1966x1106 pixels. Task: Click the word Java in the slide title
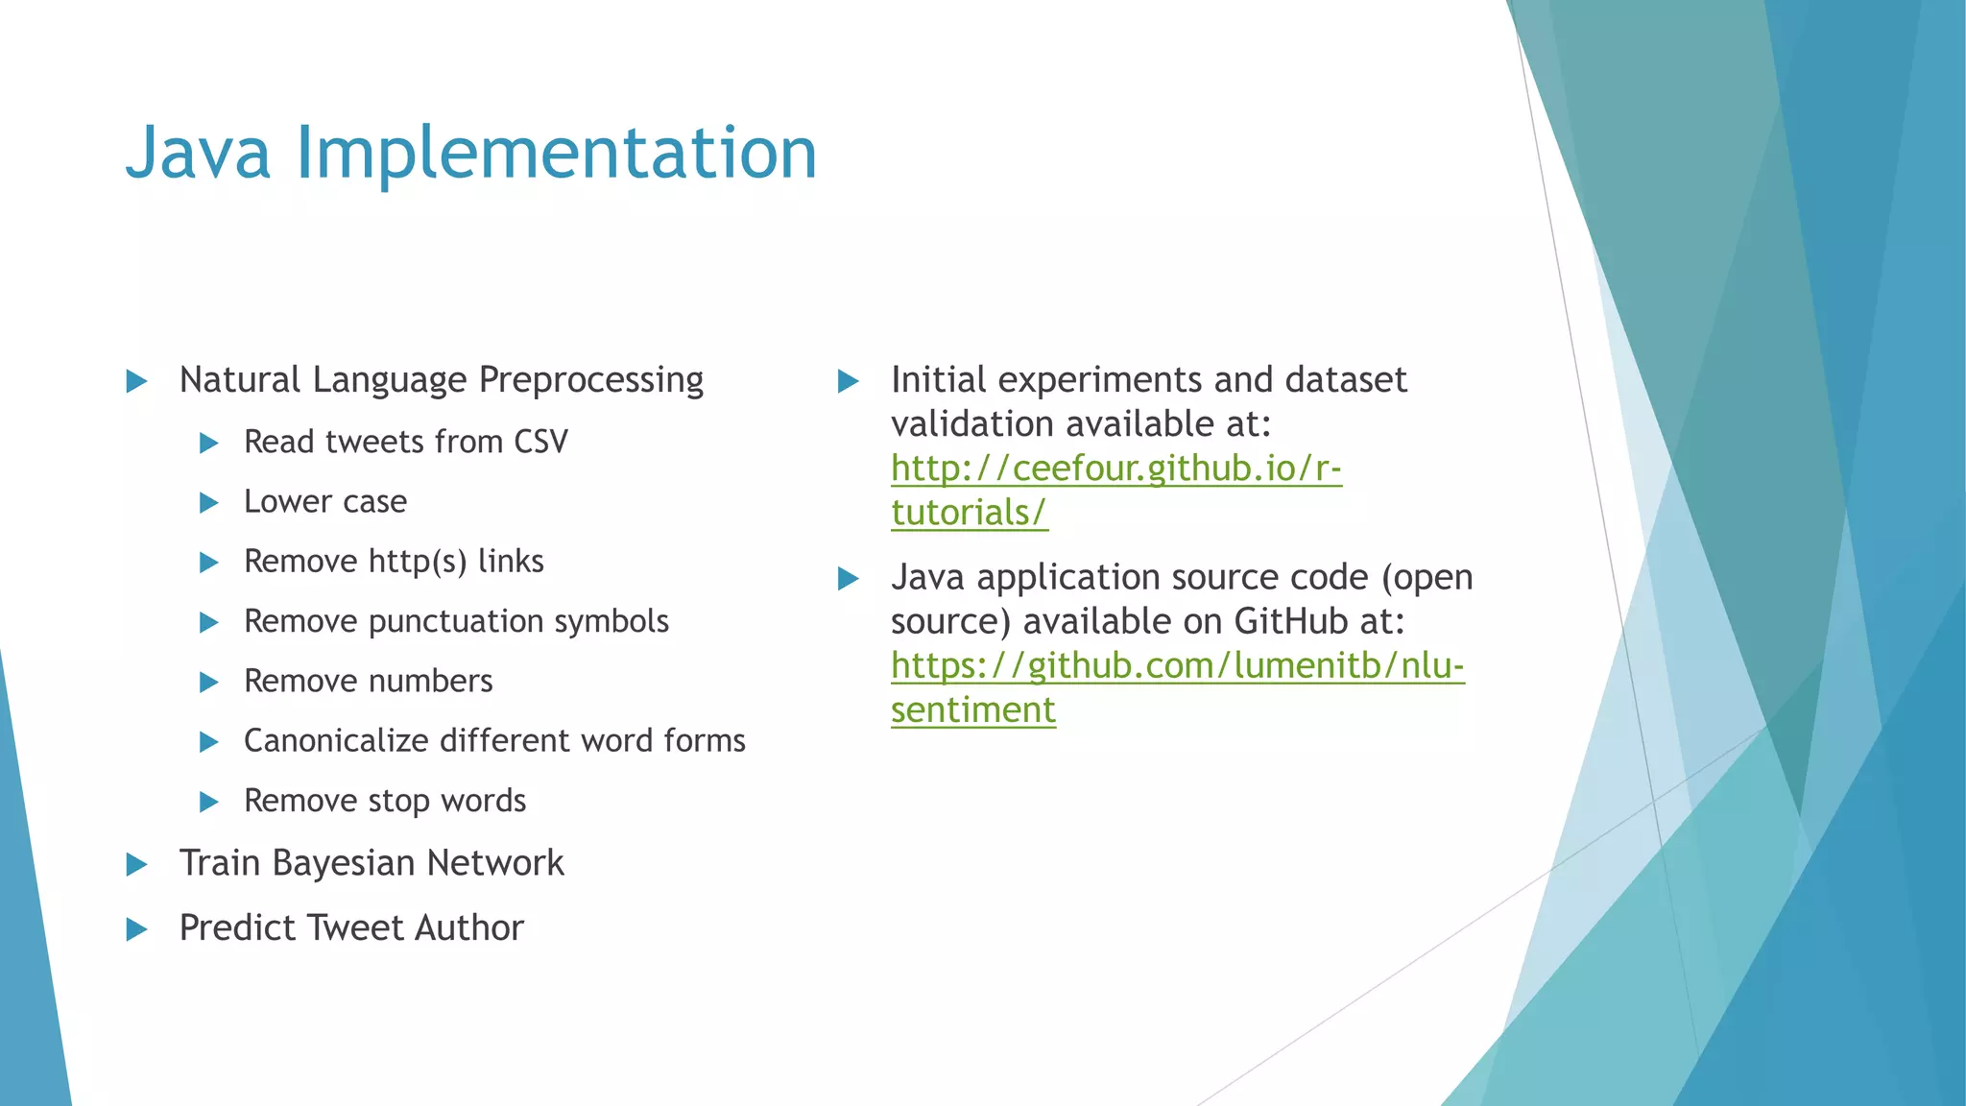(x=198, y=153)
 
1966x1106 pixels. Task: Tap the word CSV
(x=540, y=442)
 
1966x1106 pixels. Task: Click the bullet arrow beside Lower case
(x=208, y=503)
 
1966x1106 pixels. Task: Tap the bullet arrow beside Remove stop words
(x=208, y=802)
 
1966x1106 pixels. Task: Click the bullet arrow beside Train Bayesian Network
(x=136, y=865)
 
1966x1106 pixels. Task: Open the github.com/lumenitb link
(x=1177, y=665)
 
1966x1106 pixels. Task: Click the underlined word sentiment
(x=972, y=710)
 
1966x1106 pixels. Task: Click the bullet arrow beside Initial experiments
(x=848, y=382)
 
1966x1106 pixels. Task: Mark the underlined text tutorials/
(x=968, y=513)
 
